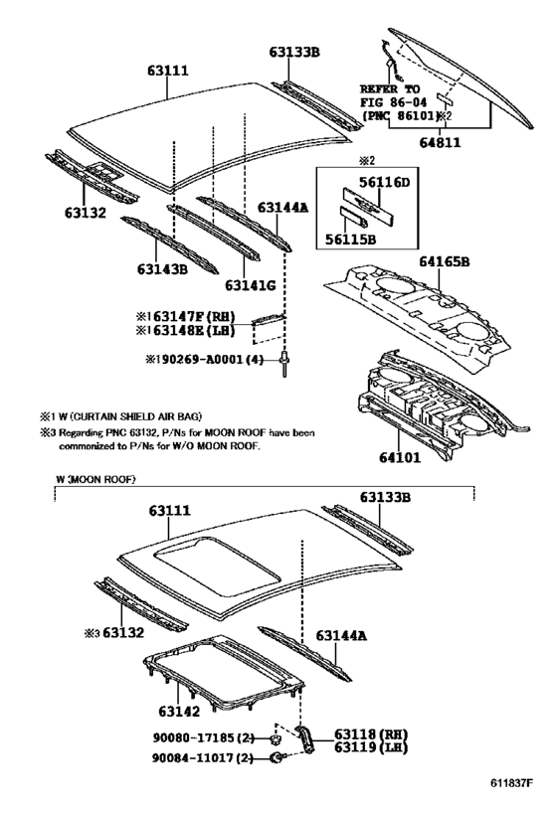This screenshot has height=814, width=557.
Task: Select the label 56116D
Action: click(385, 183)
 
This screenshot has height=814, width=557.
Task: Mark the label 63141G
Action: click(249, 284)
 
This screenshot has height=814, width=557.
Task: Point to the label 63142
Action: click(179, 712)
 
